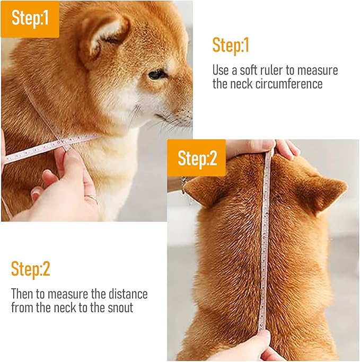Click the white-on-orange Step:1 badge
(x=30, y=19)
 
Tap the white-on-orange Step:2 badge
(x=197, y=158)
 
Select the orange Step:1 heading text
(x=231, y=46)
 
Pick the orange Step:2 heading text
(x=31, y=269)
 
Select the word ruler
(x=281, y=70)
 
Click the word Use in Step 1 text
(x=221, y=70)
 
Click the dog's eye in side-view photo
(x=156, y=74)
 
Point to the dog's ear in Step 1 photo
(x=103, y=34)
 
